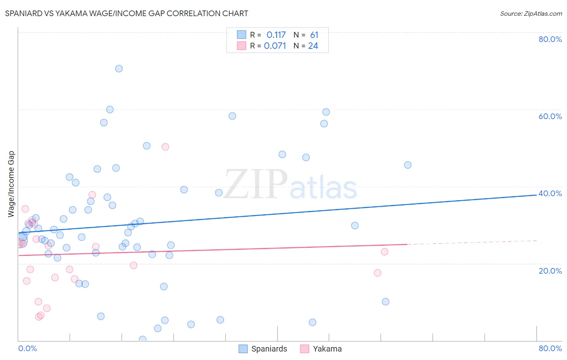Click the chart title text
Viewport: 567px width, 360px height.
(126, 13)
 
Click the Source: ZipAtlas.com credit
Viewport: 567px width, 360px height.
(531, 13)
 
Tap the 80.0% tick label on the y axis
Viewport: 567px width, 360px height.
(550, 39)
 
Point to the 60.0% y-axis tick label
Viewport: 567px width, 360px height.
(550, 116)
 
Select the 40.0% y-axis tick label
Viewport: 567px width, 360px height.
(550, 193)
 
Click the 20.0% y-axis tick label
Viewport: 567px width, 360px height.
(550, 271)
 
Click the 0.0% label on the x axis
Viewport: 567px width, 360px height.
(27, 348)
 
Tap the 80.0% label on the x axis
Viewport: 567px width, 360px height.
(550, 348)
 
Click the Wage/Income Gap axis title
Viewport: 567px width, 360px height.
(11, 184)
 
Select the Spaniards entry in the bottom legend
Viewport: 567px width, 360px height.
(269, 349)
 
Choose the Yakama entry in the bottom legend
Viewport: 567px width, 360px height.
(327, 349)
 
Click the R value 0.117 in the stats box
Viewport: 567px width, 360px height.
(276, 35)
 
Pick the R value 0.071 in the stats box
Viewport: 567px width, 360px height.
(275, 46)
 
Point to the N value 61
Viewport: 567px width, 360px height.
(314, 35)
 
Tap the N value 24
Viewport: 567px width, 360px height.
(313, 46)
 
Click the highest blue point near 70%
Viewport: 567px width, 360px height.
(119, 69)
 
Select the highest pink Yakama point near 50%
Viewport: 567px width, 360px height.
(165, 147)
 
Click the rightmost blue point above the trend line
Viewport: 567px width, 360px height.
(408, 165)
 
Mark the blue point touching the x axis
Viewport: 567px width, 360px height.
(142, 339)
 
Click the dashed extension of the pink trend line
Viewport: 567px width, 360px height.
(472, 242)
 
